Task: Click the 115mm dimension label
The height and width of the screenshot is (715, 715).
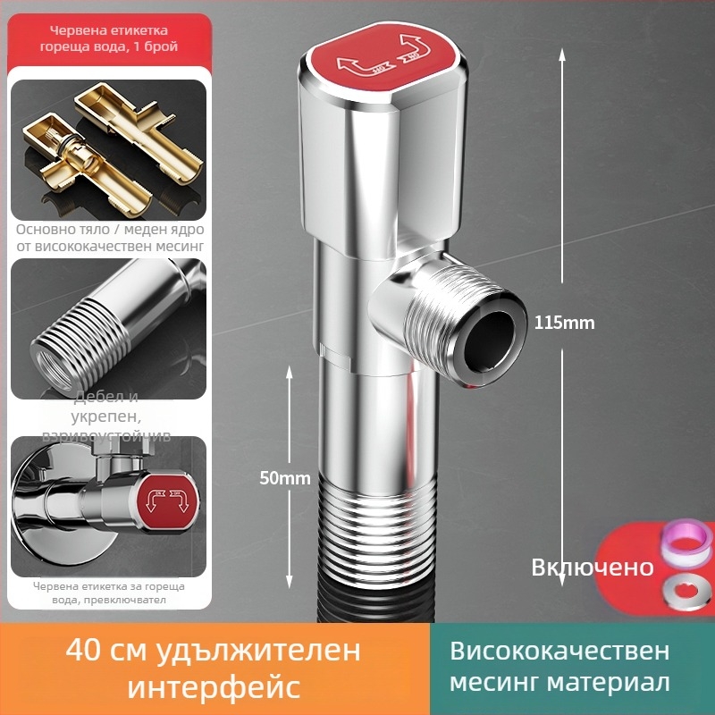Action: [x=564, y=323]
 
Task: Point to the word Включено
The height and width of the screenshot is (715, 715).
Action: [x=593, y=568]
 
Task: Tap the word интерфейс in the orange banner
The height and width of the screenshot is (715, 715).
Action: [x=214, y=687]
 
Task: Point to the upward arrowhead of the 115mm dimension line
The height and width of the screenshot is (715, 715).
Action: [x=561, y=54]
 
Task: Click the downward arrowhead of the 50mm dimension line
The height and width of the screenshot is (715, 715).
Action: [x=290, y=580]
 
